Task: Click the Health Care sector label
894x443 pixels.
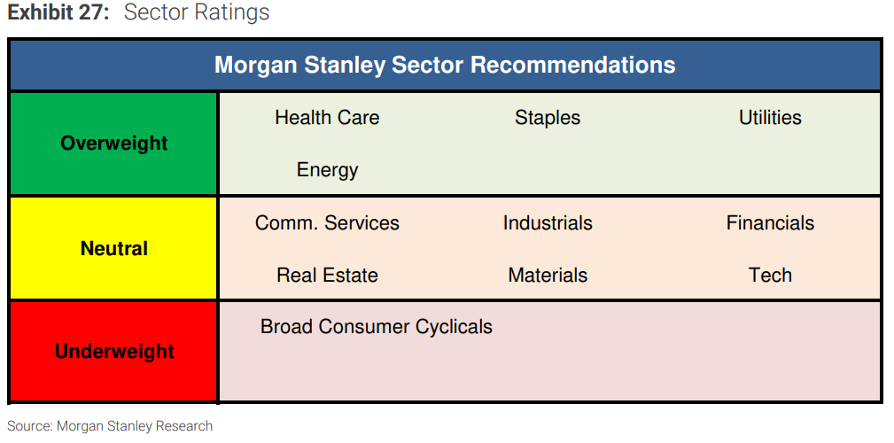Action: point(327,118)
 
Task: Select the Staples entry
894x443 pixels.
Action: point(548,119)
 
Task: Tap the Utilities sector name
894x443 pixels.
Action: point(770,118)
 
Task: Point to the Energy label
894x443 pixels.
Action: point(327,170)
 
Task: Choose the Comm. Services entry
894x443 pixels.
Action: point(327,222)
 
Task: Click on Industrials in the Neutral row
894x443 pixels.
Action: point(548,222)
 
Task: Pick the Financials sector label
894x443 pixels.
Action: point(770,222)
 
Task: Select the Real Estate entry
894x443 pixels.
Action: point(327,275)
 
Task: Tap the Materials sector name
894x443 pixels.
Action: point(548,275)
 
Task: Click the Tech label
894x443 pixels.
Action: point(770,275)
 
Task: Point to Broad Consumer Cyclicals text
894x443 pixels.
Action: point(377,327)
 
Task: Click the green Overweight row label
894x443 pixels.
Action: point(114,144)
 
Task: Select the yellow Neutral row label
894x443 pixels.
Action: point(114,249)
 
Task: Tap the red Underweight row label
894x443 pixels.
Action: point(114,352)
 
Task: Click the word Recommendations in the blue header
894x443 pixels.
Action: point(573,65)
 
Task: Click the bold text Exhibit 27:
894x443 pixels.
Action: point(58,12)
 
